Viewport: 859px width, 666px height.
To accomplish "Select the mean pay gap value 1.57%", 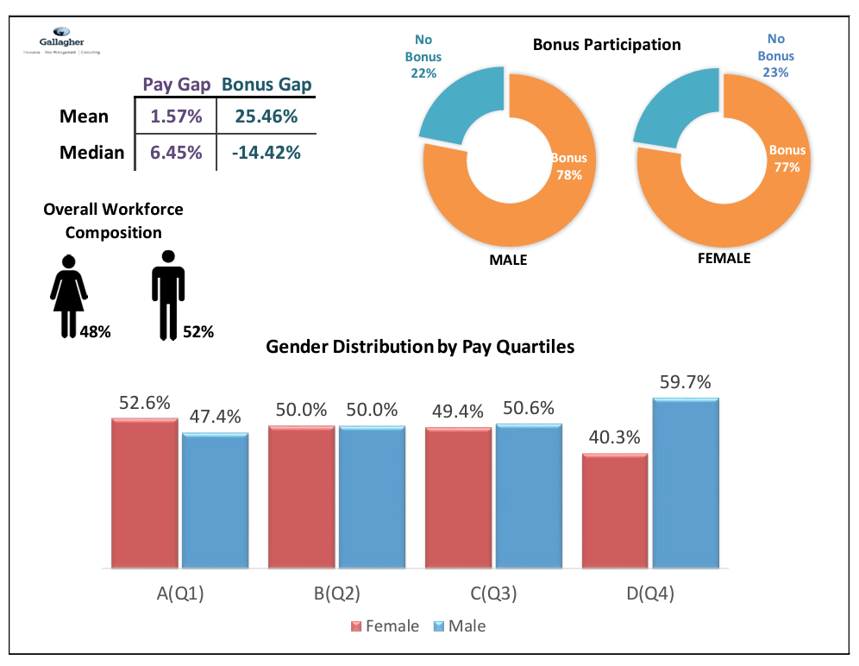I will (176, 116).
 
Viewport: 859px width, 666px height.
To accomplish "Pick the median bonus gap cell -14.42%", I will (266, 153).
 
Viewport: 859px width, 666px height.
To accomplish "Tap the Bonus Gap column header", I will (266, 85).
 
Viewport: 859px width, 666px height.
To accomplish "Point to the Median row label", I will (91, 153).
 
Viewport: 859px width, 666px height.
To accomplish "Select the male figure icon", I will (168, 294).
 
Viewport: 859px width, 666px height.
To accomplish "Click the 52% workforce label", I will (198, 331).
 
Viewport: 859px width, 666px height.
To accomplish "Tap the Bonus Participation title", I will (606, 45).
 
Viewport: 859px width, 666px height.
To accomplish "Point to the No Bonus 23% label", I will (775, 56).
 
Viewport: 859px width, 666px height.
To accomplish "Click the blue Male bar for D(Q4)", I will (686, 483).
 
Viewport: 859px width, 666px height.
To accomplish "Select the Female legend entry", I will (385, 626).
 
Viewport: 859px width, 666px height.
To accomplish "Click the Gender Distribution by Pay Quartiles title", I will (420, 347).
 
